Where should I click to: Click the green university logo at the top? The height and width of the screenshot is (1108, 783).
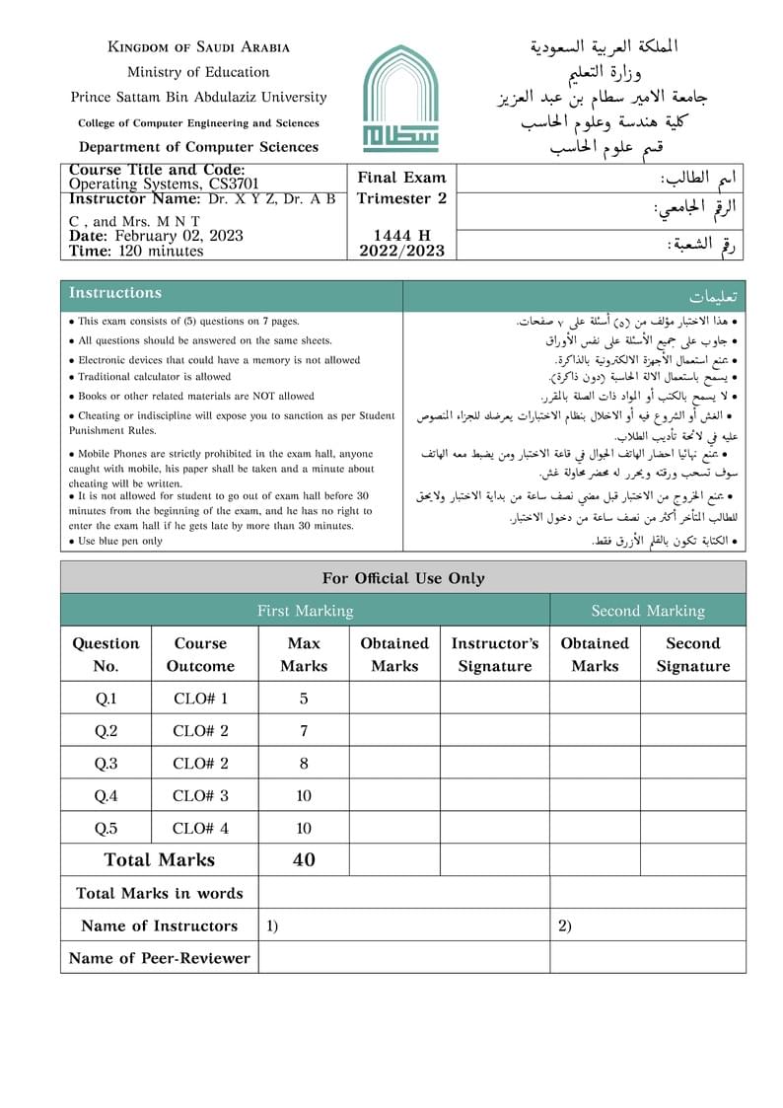pos(399,99)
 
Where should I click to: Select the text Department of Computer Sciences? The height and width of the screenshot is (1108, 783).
pos(198,147)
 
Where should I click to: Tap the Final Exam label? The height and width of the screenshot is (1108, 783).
pos(401,178)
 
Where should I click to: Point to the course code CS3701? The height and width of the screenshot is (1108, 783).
pos(233,184)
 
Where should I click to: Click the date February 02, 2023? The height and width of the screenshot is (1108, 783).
pos(178,236)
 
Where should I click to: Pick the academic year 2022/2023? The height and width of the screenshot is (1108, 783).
pos(401,251)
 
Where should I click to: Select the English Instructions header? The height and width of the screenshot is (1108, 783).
pos(115,293)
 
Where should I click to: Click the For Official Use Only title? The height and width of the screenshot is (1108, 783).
pos(403,578)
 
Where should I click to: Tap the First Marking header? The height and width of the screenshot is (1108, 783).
pos(305,611)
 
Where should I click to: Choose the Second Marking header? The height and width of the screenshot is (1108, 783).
pos(648,611)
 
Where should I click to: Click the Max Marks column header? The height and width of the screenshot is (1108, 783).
pos(304,654)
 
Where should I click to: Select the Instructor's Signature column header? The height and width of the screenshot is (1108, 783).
pos(495,654)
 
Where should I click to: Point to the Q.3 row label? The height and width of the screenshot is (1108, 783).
pos(106,763)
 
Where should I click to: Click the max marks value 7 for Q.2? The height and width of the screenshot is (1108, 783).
pos(304,731)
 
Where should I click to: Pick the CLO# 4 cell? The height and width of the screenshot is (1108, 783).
pos(200,828)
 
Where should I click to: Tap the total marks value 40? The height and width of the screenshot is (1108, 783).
pos(304,859)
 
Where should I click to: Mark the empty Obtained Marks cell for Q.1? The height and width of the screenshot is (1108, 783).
pos(394,699)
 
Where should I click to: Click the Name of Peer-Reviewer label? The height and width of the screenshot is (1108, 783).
pos(160,957)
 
